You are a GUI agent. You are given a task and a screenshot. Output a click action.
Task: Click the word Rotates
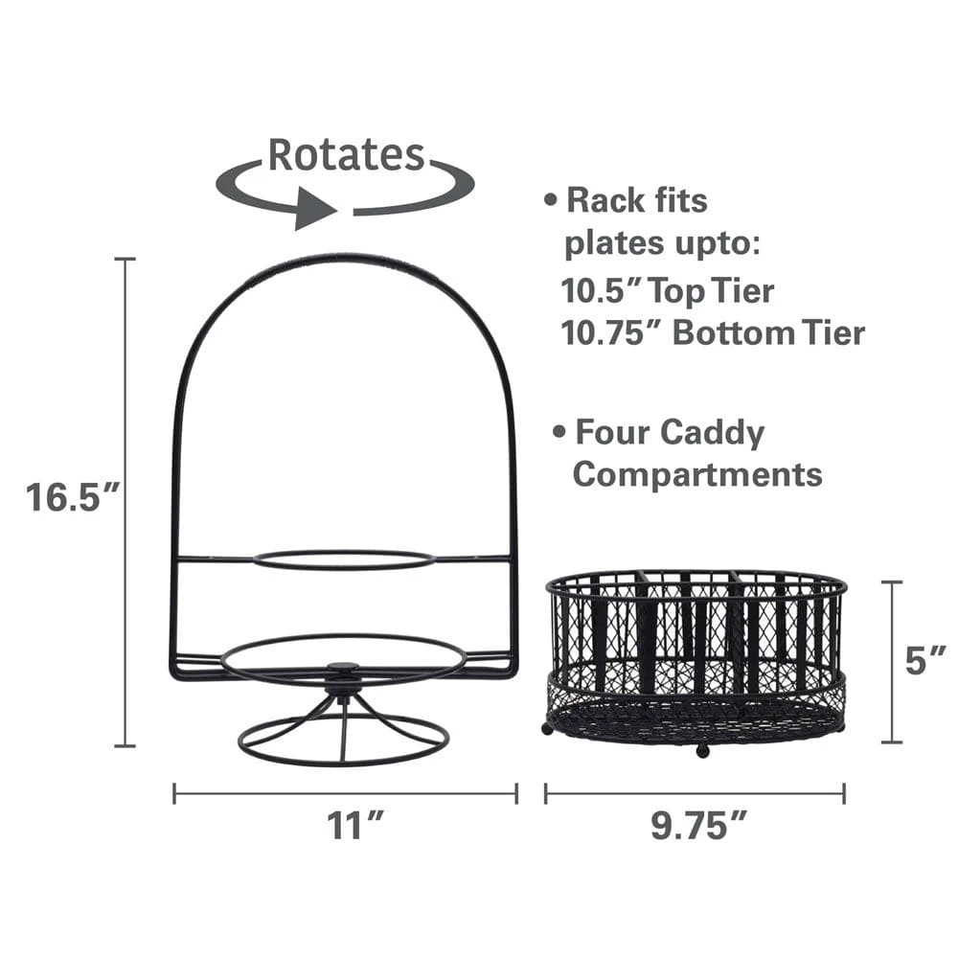coord(346,154)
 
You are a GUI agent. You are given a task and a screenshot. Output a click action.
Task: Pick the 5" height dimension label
coord(926,661)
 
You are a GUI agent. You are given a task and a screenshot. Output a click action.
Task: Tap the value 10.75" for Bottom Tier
coord(610,332)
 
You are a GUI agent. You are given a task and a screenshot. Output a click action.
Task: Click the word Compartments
coord(697,474)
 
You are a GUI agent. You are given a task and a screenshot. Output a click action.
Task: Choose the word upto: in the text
coord(709,244)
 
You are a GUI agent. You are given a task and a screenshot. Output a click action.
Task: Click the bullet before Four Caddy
coord(559,434)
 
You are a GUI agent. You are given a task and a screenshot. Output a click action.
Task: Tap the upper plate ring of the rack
coord(344,559)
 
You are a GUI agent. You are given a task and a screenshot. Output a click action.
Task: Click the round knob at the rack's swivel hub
coord(342,668)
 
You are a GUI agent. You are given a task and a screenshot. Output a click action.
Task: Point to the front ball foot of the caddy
coord(701,750)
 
